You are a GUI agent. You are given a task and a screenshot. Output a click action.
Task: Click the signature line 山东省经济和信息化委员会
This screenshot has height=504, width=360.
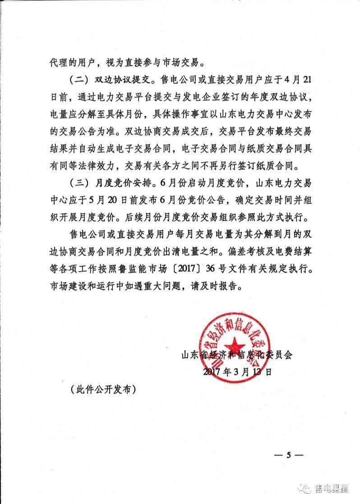[236, 354]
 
